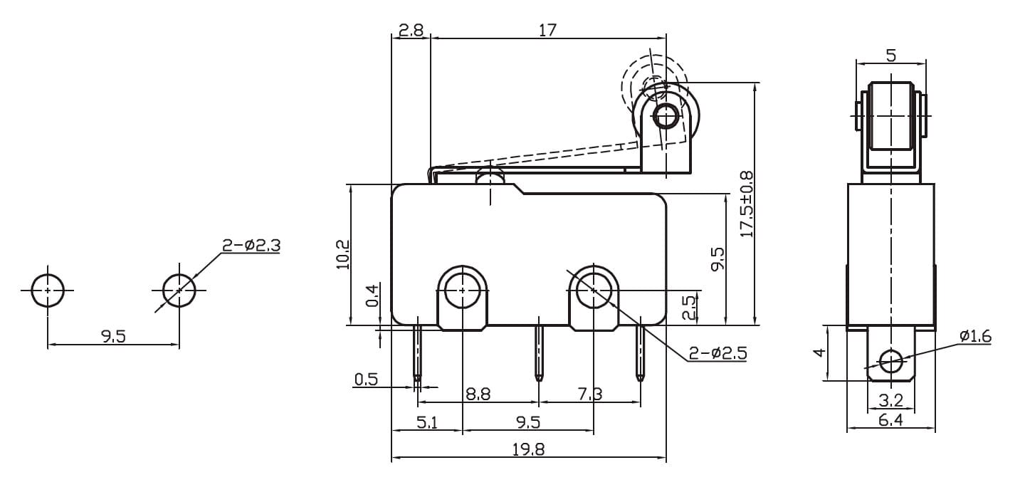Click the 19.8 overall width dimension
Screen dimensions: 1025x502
coord(528,450)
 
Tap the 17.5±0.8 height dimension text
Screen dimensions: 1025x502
coord(746,204)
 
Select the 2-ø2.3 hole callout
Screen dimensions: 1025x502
coord(251,246)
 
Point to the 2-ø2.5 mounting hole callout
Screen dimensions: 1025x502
coord(718,353)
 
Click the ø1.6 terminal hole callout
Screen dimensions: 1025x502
coord(976,336)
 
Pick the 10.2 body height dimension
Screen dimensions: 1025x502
coord(343,254)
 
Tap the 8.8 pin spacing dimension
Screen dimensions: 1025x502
coord(478,394)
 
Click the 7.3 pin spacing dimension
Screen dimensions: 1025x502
coord(590,394)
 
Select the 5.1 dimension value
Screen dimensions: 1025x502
coord(427,422)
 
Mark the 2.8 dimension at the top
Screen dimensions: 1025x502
coord(411,30)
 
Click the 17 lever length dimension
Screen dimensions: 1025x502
coord(547,30)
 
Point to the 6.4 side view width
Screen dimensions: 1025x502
coord(890,419)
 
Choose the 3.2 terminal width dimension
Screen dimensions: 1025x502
coord(890,400)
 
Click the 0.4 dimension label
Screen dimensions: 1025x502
coord(372,296)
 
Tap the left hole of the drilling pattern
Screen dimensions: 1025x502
coord(48,290)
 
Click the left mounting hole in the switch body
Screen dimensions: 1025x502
coord(462,290)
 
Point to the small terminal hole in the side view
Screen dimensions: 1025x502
coord(891,362)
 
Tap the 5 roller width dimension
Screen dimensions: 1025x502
coord(891,56)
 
